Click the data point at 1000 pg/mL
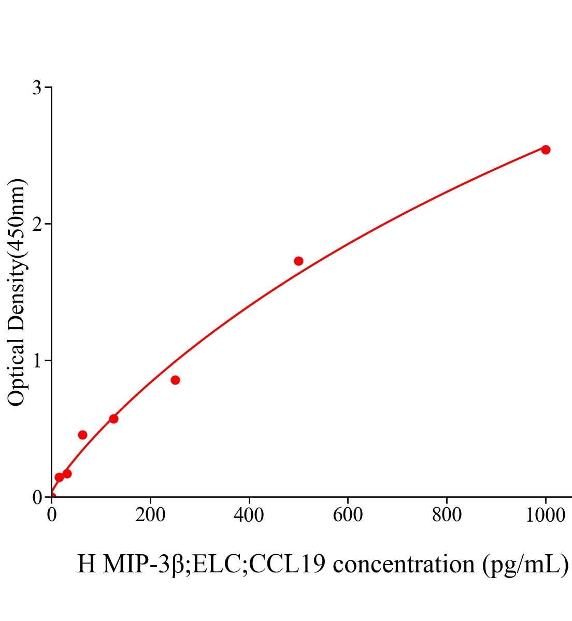545,150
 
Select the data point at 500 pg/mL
298,261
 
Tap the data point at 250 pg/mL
175,380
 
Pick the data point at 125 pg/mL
113,419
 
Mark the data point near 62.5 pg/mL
82,435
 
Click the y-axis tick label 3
37,88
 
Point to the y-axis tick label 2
37,224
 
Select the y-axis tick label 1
37,361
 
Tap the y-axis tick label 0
37,497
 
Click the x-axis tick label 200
150,515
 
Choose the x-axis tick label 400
249,515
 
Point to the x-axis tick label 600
348,515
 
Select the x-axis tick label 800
446,515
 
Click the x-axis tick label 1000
545,515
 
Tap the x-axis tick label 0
52,515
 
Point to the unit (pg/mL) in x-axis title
525,564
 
